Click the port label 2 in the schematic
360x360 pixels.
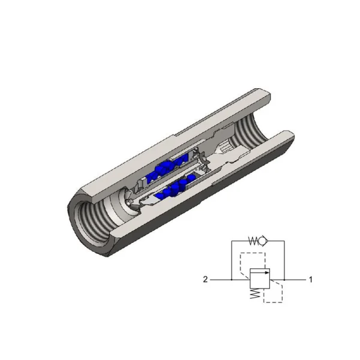pos(205,280)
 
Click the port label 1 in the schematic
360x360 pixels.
pos(310,280)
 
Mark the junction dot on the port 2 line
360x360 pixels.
pos(232,280)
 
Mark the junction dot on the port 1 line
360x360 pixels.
pos(284,280)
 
